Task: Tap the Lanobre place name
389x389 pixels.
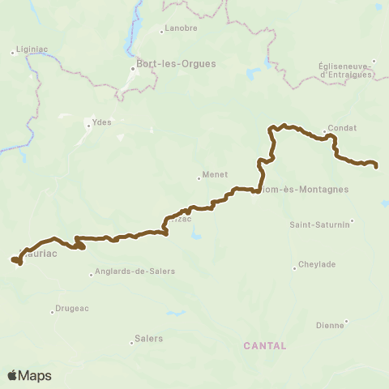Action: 181,28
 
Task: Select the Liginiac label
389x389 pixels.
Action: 33,52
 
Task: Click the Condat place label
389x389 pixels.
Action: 338,127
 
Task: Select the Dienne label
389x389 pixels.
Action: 329,326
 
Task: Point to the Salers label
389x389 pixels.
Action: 149,339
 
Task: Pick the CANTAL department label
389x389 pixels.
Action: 265,345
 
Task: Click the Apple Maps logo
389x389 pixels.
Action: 29,375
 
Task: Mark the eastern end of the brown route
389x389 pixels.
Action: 377,166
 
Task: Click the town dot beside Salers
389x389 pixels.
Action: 131,342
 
